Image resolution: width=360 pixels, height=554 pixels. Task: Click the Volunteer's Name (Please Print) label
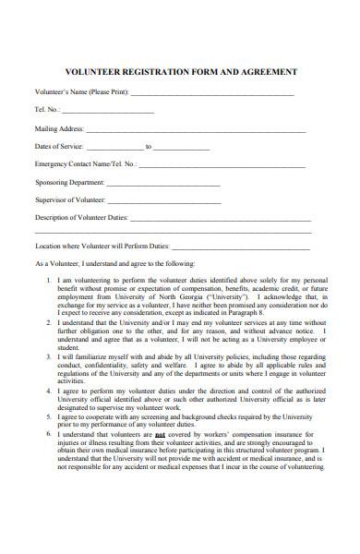[81, 93]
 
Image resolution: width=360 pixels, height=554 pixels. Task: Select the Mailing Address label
[59, 128]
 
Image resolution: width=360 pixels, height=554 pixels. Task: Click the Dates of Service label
[59, 146]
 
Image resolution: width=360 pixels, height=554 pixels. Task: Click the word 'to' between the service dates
[149, 146]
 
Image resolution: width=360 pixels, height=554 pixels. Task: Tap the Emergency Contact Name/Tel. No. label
[85, 163]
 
